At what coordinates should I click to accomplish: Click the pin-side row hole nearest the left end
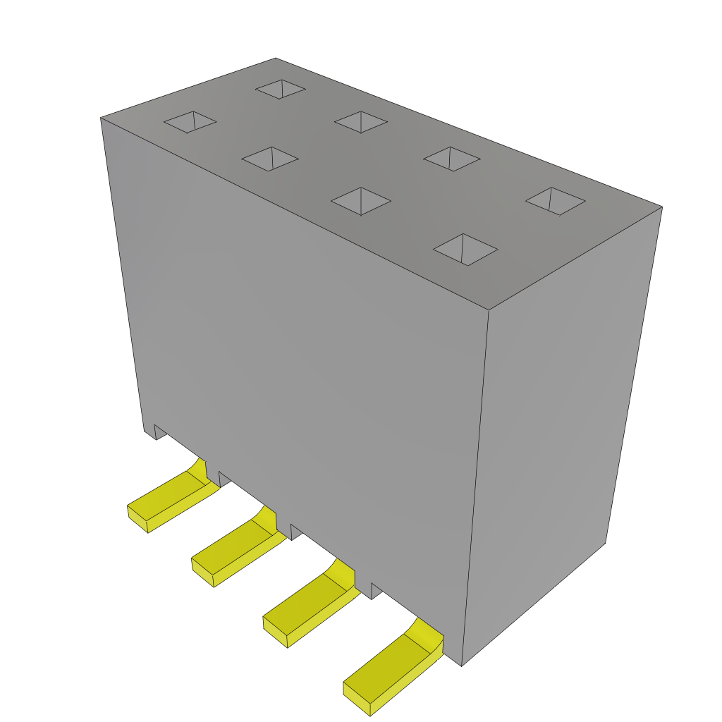[190, 121]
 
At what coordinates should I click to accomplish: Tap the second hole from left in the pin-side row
[270, 159]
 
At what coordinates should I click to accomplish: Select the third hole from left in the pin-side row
[361, 201]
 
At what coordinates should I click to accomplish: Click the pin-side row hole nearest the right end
[465, 250]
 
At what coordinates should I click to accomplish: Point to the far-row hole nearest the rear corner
[281, 89]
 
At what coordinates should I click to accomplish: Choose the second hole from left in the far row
[361, 121]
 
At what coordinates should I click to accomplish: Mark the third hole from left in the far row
[452, 159]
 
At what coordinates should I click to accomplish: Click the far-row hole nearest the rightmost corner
[556, 201]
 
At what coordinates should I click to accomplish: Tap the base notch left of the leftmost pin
[160, 432]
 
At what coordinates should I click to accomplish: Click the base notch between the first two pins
[225, 479]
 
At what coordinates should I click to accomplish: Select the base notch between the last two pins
[377, 591]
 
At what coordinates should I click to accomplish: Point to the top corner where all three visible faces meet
[489, 310]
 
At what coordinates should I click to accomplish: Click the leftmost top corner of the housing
[102, 118]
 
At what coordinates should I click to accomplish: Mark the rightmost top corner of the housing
[661, 207]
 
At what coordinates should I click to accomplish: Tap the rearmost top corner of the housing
[275, 59]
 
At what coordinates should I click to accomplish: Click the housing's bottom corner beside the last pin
[461, 665]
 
